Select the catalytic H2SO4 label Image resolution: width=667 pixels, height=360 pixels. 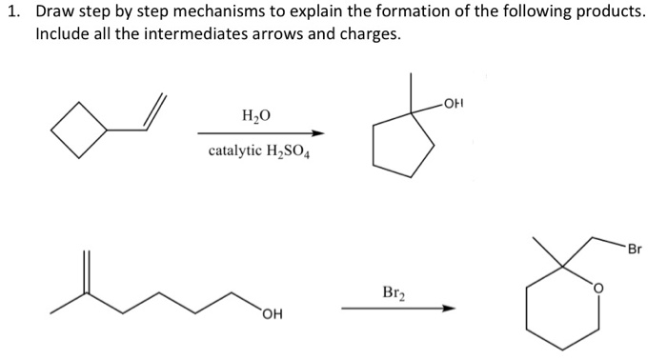pyautogui.click(x=258, y=152)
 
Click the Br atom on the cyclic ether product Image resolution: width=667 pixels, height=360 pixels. pyautogui.click(x=635, y=250)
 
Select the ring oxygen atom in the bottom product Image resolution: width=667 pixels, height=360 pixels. pyautogui.click(x=599, y=285)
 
